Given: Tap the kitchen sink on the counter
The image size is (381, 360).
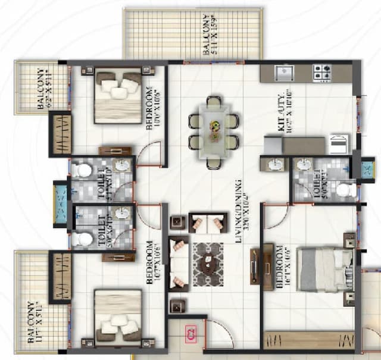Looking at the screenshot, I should coord(283,73).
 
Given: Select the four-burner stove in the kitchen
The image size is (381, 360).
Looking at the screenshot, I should coord(323,73).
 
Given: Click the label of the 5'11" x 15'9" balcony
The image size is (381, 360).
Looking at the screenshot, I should coord(207,35).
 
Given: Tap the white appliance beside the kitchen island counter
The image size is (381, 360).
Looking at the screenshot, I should coord(339,145).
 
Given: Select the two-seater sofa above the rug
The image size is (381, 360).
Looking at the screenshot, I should coord(208,223).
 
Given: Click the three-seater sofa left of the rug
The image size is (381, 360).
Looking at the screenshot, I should coord(177,263).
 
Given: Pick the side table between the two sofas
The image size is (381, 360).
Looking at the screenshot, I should coord(177,223).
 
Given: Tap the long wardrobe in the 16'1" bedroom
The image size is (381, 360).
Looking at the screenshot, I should coord(308,342).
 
